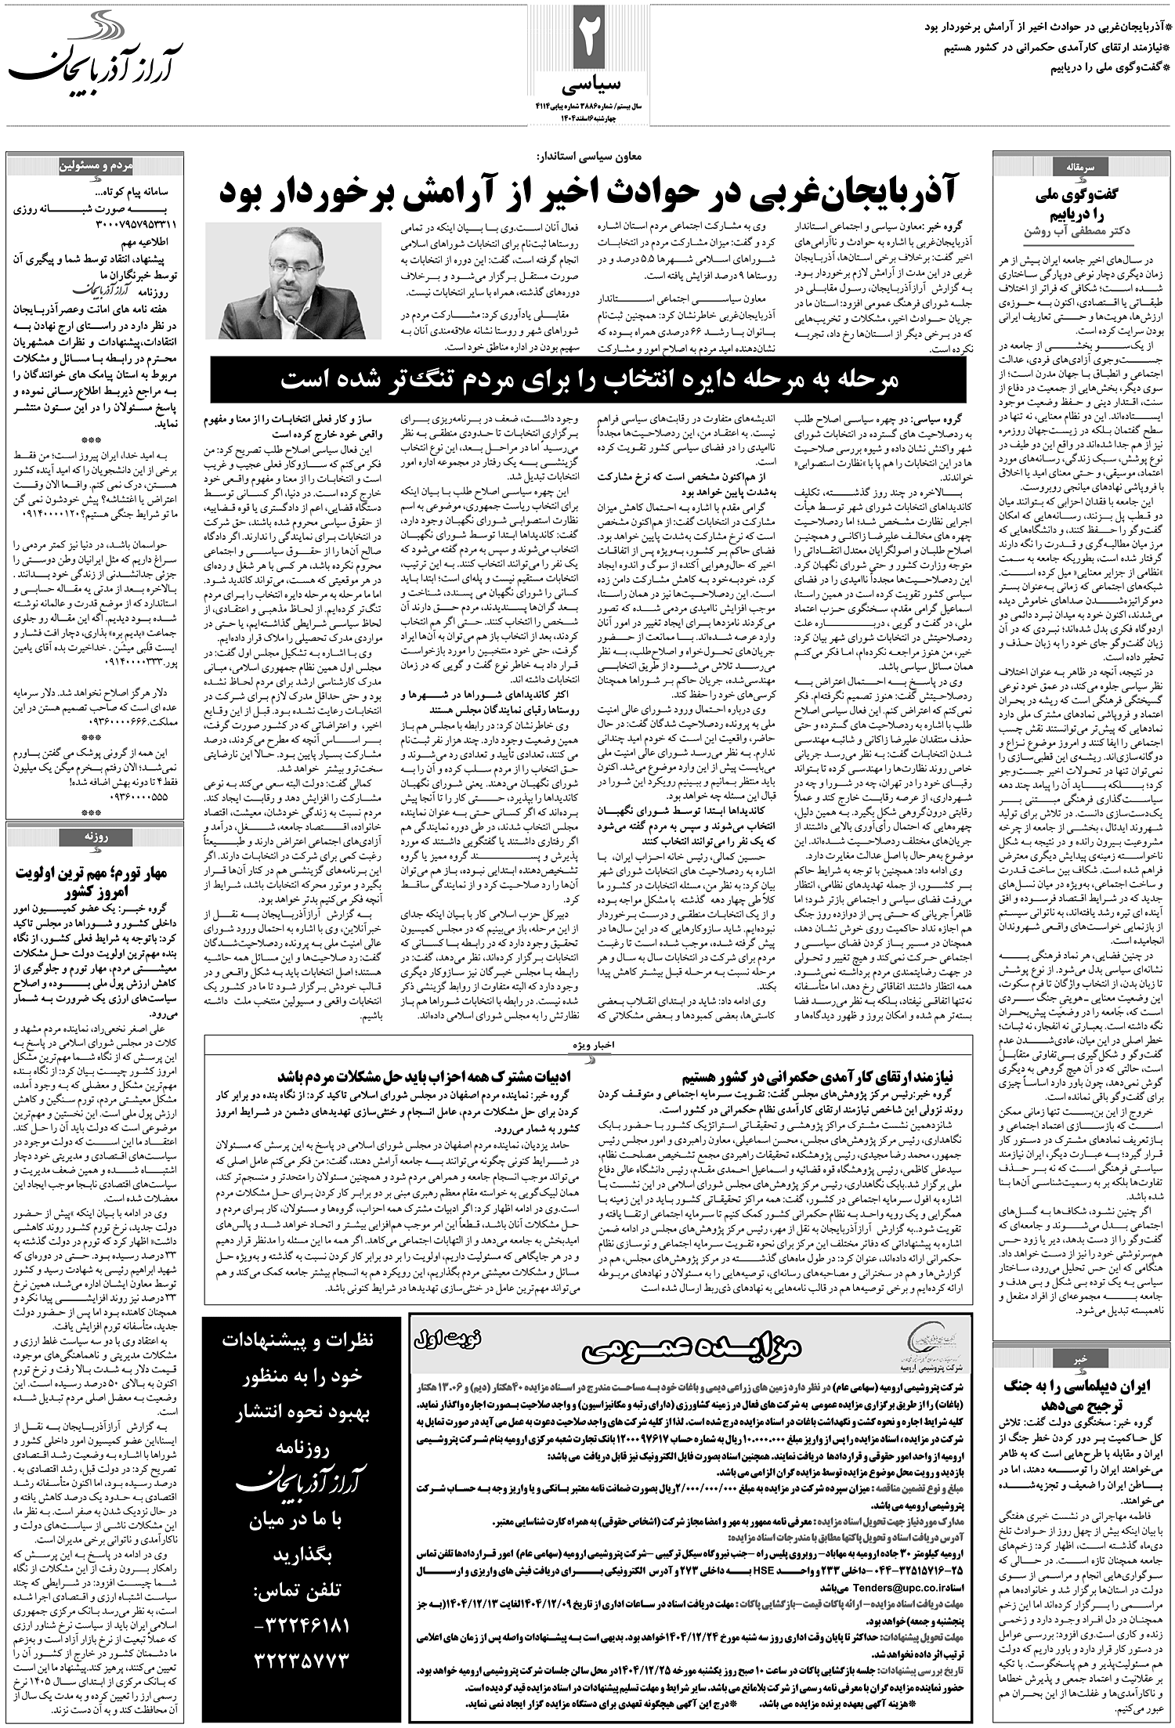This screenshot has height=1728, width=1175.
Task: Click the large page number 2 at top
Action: [x=587, y=39]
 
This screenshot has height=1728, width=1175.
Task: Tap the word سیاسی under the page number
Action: [x=587, y=83]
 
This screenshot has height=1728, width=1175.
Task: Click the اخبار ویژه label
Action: [x=587, y=1045]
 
